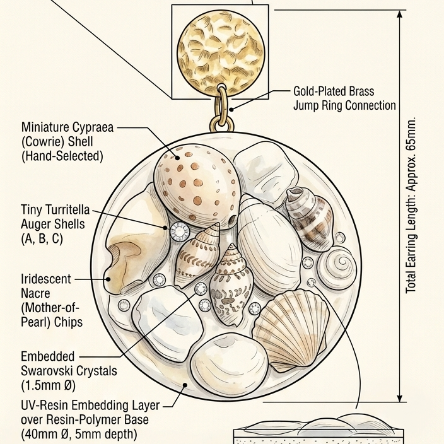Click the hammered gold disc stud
221,52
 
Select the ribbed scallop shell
291,330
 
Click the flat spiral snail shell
337,268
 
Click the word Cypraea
93,127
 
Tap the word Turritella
67,209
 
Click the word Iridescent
46,279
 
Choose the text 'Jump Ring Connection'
344,105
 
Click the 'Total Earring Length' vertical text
411,205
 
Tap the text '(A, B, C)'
42,238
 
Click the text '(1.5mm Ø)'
48,385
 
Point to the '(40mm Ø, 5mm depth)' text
79,434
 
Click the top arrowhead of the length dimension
400,14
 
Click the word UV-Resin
44,406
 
